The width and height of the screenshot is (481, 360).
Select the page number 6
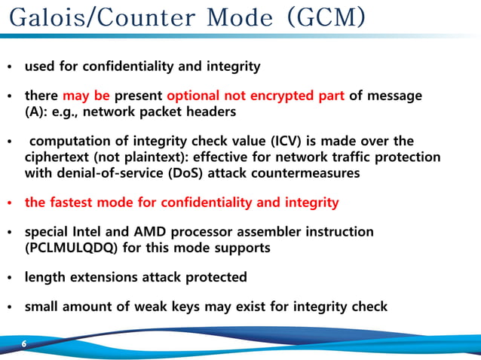pyautogui.click(x=23, y=344)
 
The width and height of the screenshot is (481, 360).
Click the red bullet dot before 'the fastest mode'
pyautogui.click(x=9, y=203)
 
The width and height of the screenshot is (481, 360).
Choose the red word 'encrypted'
pyautogui.click(x=279, y=96)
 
